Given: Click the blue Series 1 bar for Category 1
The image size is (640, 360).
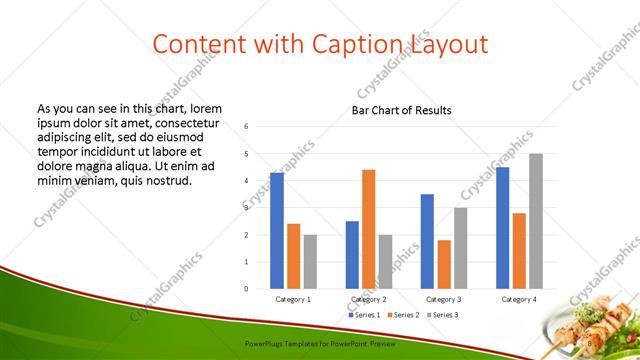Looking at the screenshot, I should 276,231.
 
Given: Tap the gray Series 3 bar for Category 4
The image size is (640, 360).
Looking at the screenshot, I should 536,221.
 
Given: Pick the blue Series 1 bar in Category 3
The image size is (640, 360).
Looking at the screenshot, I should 427,241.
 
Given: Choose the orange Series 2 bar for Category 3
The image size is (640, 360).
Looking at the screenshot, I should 444,264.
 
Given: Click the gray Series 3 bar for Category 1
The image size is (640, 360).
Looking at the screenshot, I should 310,262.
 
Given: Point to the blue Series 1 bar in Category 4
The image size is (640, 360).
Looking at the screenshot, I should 503,228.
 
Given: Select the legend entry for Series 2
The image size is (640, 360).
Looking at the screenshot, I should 401,315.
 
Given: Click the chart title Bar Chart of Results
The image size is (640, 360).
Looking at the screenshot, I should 401,110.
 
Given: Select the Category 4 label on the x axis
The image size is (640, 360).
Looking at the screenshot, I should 519,299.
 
